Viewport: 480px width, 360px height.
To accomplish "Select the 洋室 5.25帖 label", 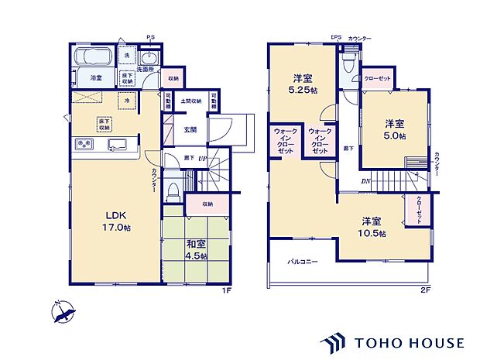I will point(302,84).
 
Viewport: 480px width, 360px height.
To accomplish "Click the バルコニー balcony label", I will point(303,262).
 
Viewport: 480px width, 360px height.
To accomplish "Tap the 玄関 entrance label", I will point(190,130).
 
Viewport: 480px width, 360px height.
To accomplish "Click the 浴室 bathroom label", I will point(96,78).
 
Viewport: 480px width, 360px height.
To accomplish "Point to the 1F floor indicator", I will point(227,290).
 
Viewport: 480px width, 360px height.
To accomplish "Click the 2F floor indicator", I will point(425,290).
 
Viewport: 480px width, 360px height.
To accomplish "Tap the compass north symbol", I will point(62,312).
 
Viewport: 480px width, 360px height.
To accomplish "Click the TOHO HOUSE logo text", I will point(410,341).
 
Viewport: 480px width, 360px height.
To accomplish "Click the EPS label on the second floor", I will point(335,36).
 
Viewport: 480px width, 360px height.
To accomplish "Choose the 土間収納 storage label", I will point(191,101).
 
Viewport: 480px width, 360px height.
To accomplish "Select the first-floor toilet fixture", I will point(173,190).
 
